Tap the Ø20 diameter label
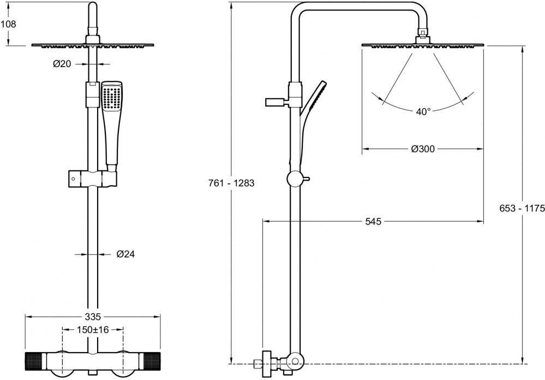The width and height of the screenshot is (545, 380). tap(62, 64)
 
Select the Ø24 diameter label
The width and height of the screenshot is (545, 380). tap(125, 254)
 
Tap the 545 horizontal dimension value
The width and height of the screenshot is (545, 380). tap(373, 221)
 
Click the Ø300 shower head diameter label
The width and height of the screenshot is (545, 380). tap(423, 149)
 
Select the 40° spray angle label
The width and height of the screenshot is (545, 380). tap(423, 111)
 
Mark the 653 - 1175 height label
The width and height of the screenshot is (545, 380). tap(522, 207)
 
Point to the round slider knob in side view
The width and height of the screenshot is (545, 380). tap(295, 179)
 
